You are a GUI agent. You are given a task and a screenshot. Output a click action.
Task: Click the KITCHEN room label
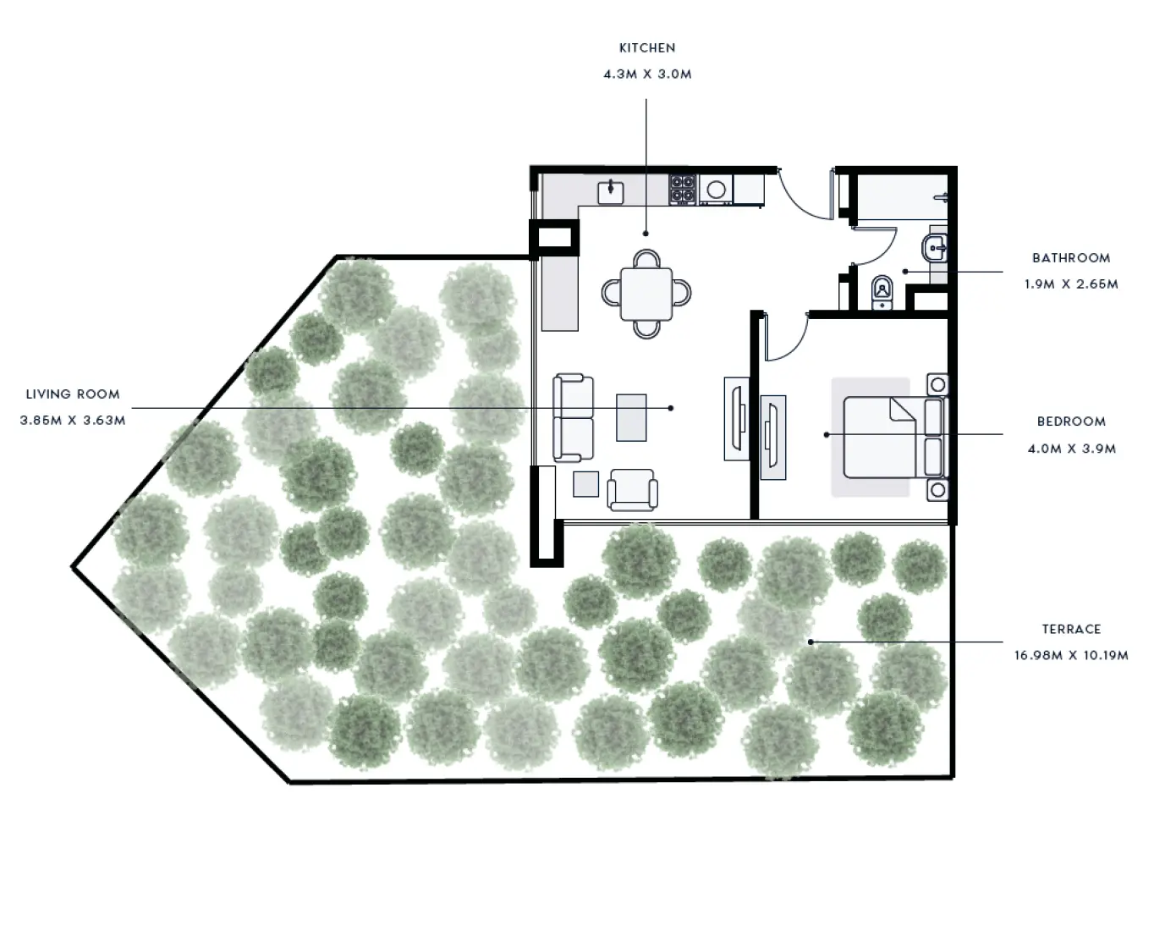coord(647,48)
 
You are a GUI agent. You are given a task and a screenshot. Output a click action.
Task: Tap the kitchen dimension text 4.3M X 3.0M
coord(647,74)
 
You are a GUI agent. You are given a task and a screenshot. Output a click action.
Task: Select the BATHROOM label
coord(1070,258)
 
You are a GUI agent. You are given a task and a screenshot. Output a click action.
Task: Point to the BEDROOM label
coord(1071,421)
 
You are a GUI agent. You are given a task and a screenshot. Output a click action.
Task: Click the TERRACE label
coord(1071,630)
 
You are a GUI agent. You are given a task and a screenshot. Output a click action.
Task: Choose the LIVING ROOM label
coord(73,394)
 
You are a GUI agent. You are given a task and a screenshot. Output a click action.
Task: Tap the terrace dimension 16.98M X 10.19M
coord(1071,656)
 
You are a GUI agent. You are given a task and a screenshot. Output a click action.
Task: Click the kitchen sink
coord(610,192)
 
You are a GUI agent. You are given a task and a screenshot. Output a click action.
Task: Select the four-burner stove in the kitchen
coord(682,190)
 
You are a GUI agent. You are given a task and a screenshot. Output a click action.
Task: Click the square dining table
coord(646,294)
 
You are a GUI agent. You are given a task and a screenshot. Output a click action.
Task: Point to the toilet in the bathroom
coord(882,292)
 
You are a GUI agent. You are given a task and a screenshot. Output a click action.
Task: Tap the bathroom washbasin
coord(936,250)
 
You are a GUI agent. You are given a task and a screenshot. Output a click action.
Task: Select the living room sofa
coord(573,417)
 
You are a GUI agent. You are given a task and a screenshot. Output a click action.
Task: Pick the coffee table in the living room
coord(631,417)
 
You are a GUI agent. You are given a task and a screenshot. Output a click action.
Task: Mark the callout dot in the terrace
coord(811,642)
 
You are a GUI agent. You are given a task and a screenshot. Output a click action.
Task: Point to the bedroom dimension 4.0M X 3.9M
coord(1071,449)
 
